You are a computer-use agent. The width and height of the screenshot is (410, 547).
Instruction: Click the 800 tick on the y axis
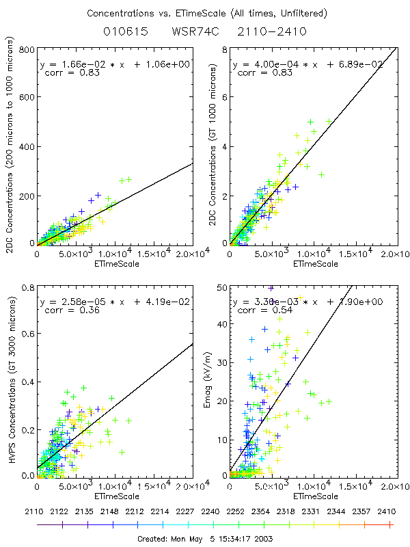[x=27, y=50]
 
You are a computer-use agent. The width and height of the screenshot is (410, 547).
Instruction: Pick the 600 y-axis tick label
[x=27, y=98]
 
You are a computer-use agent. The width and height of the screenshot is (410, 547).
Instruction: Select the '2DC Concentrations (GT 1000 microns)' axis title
[x=206, y=147]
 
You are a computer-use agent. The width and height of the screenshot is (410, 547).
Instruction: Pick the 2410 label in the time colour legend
[x=389, y=510]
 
